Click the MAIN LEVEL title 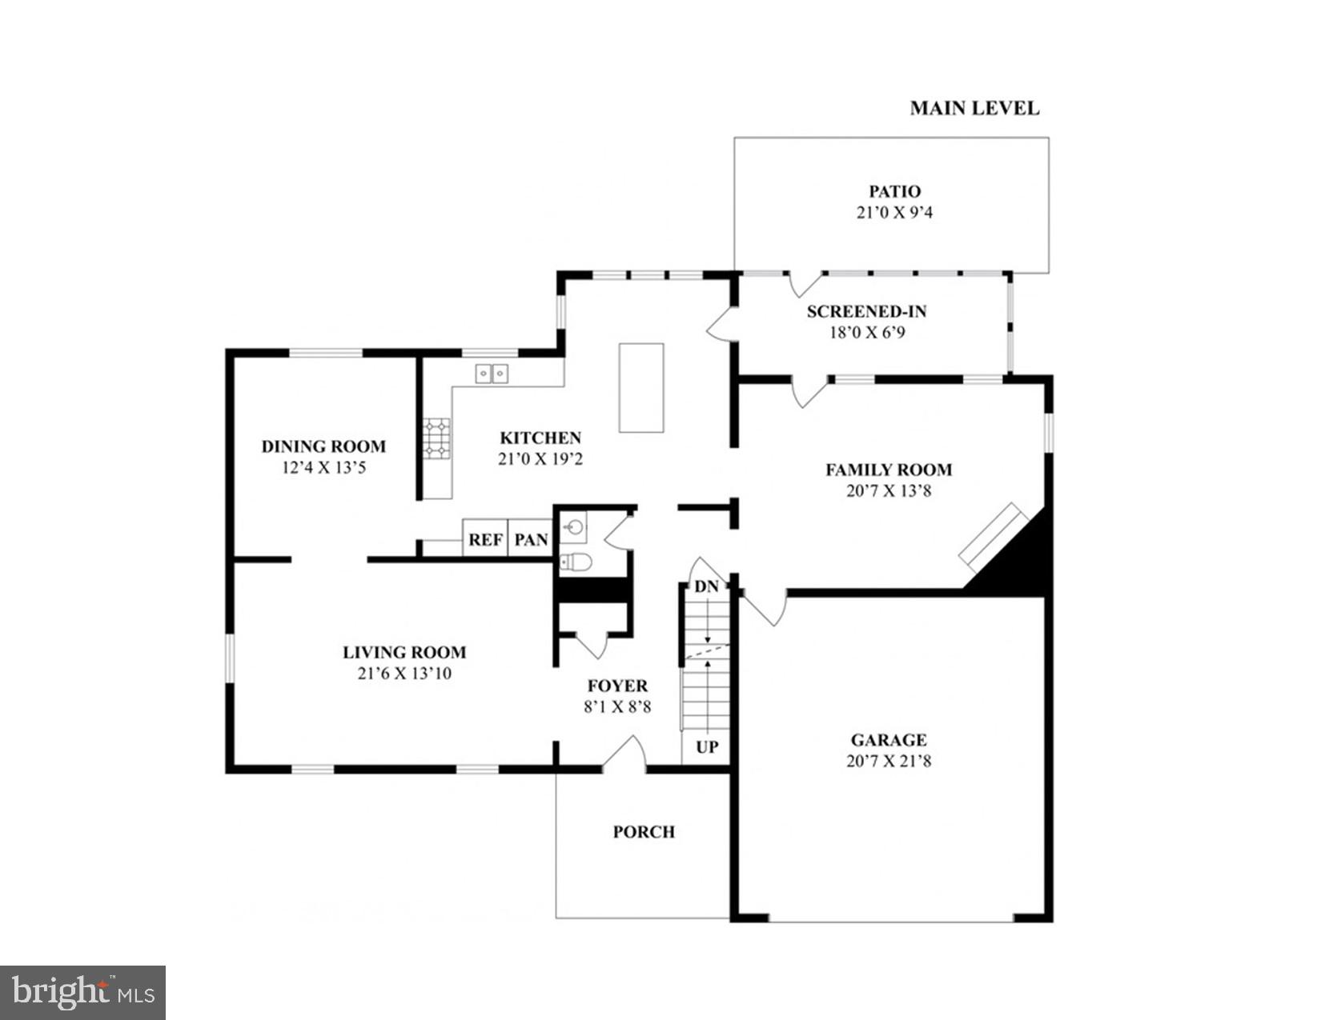click(974, 109)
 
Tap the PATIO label click(894, 191)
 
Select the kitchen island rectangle click(641, 388)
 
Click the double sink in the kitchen click(492, 373)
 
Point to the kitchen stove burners click(437, 439)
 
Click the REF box click(485, 540)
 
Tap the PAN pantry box click(531, 540)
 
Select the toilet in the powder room click(576, 562)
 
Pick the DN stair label click(706, 587)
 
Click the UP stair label click(707, 747)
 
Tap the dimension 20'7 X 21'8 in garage click(889, 761)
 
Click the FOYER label click(617, 686)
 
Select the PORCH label click(644, 832)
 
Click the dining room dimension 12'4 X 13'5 click(323, 468)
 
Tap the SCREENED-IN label click(866, 311)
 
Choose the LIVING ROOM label click(404, 652)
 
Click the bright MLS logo click(82, 993)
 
